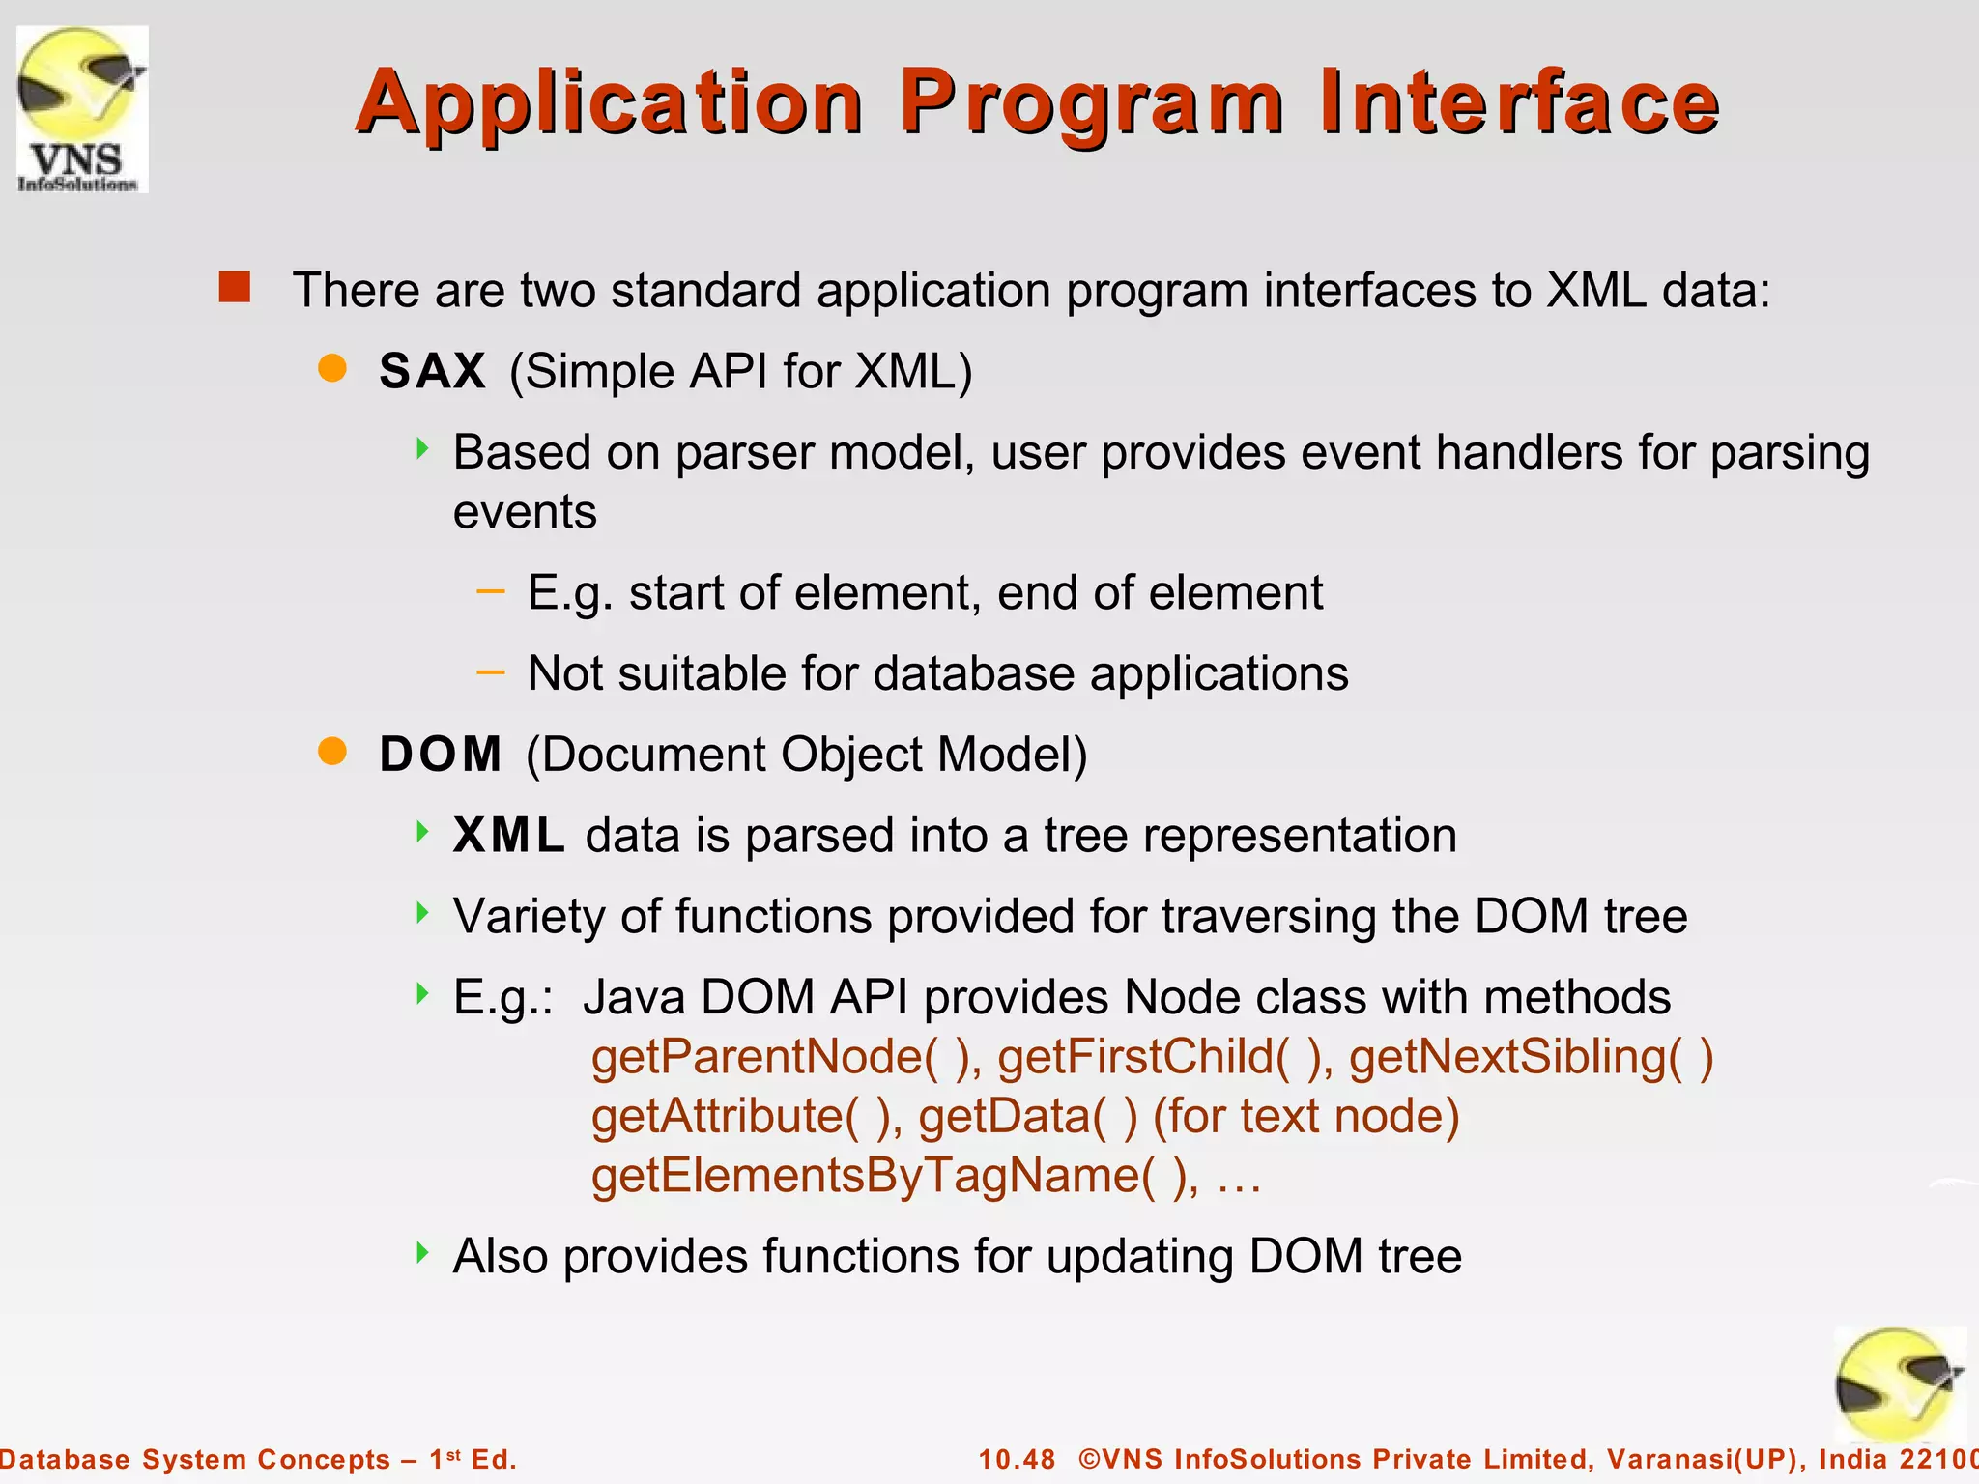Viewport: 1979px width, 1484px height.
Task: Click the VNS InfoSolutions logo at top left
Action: tap(82, 109)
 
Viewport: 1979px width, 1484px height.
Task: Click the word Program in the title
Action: tap(1092, 104)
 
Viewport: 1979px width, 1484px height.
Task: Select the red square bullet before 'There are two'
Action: tap(235, 288)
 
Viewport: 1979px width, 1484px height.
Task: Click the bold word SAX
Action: tap(432, 371)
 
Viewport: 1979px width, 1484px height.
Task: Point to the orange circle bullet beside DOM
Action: tap(332, 752)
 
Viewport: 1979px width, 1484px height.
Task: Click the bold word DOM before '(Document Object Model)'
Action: tap(441, 755)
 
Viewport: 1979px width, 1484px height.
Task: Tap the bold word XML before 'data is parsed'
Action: tap(508, 836)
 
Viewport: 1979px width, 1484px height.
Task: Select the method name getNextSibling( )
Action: tap(1531, 1057)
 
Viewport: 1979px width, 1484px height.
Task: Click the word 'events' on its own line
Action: tap(525, 513)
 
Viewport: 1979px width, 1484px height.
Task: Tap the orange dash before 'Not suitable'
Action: tap(491, 671)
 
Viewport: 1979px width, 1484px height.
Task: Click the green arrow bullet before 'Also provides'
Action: tap(422, 1253)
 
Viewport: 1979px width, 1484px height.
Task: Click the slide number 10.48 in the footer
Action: tap(1017, 1459)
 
